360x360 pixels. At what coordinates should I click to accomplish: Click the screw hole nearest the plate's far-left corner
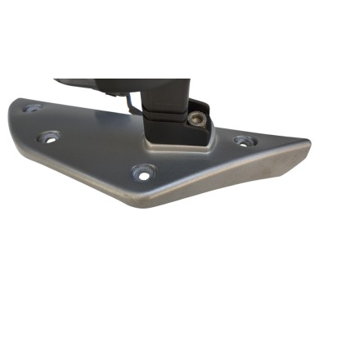(32, 107)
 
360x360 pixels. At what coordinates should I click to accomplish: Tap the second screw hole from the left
(49, 137)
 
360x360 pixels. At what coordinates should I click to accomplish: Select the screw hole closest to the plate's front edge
(145, 173)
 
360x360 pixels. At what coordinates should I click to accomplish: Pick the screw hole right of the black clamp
(243, 141)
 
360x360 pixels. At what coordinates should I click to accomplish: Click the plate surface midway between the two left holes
(41, 123)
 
